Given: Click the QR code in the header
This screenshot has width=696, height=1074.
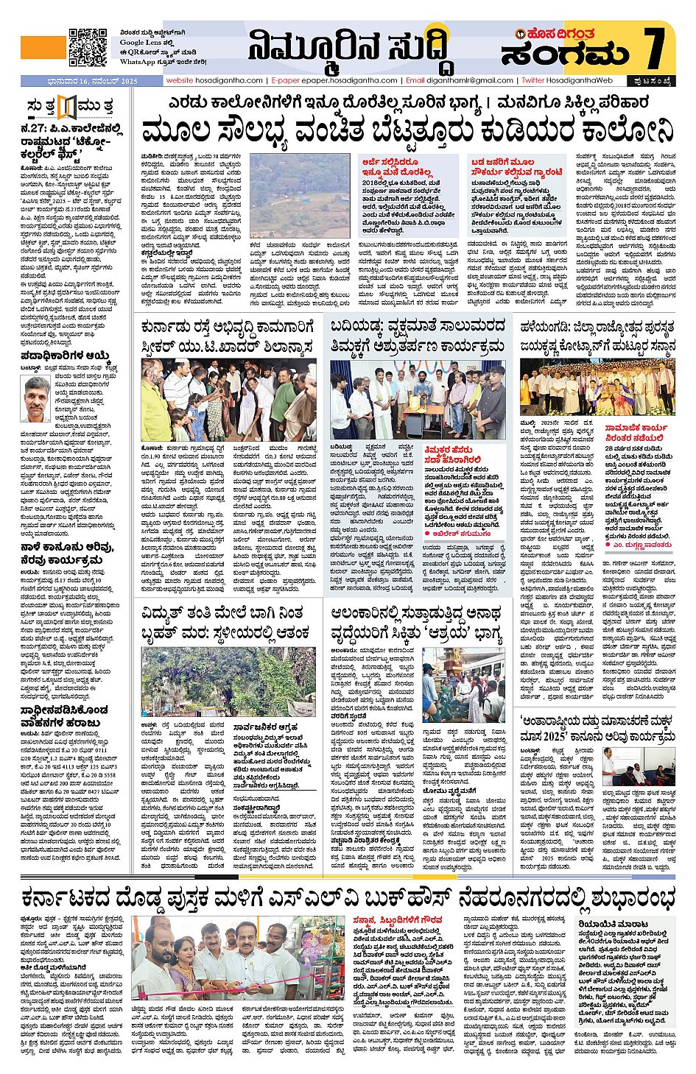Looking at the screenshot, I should [88, 47].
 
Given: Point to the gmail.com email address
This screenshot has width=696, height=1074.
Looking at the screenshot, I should [469, 80].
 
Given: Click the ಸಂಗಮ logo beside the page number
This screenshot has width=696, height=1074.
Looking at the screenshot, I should [565, 53].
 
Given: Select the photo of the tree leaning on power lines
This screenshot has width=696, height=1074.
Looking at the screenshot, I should [228, 681].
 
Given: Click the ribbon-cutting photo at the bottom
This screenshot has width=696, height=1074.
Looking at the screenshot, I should [240, 958].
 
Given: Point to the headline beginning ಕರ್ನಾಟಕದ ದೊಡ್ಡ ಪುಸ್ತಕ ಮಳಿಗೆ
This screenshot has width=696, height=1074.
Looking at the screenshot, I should [348, 897].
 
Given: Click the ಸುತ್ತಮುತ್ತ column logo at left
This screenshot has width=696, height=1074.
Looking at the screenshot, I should [69, 107].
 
